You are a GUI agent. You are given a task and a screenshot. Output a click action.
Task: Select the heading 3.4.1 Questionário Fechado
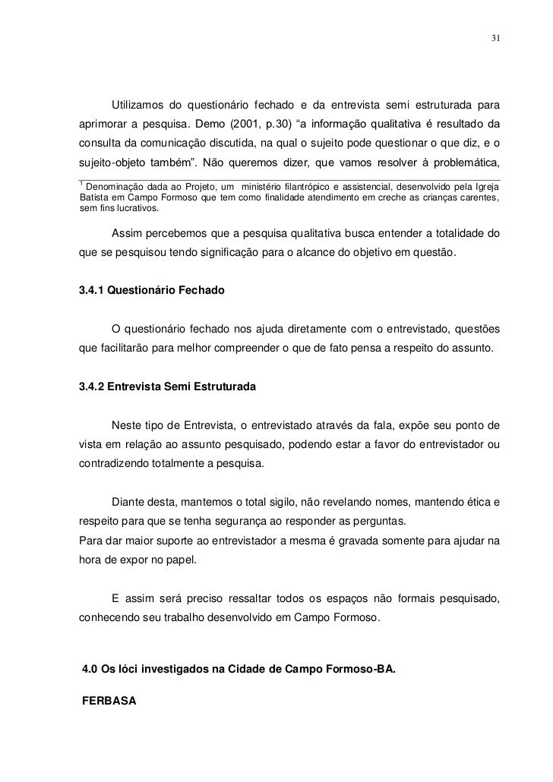152,291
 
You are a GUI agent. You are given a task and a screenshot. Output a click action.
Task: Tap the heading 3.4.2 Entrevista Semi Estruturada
167,387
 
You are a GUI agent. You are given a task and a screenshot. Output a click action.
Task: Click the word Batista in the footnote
93,198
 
